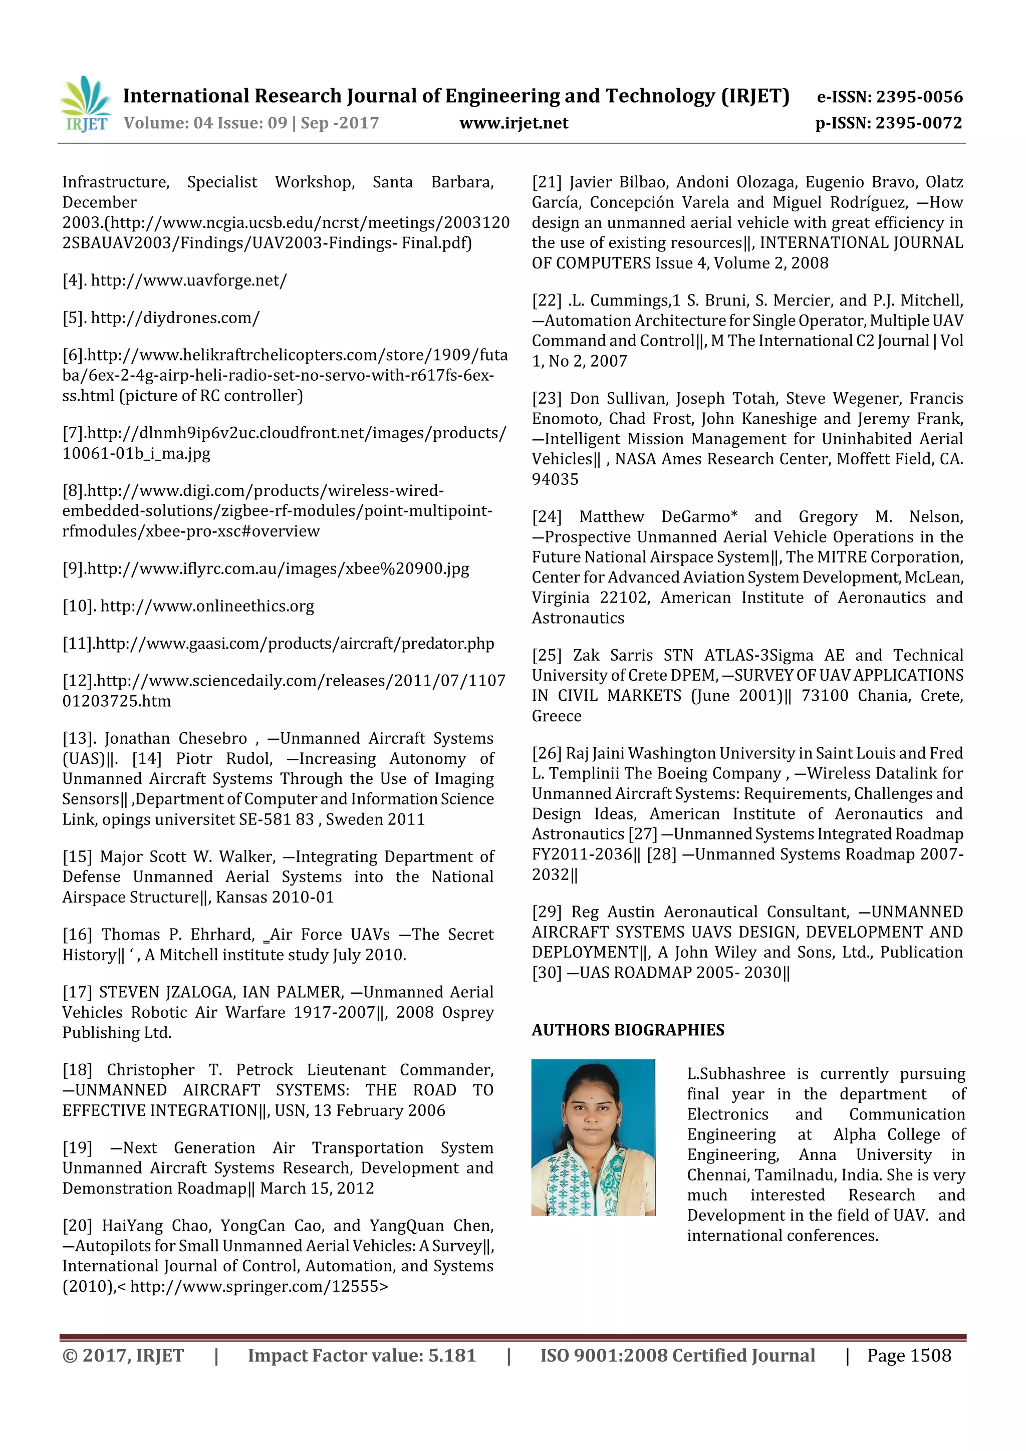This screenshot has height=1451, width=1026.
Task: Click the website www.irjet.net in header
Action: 514,123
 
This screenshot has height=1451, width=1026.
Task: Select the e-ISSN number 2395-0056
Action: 918,97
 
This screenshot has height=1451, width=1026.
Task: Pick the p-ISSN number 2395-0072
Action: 918,123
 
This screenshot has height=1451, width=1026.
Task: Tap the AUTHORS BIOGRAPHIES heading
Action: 627,1030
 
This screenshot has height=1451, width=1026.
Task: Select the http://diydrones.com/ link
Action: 175,318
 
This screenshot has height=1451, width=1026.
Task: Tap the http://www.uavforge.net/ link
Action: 188,280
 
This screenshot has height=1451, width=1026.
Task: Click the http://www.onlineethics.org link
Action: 207,606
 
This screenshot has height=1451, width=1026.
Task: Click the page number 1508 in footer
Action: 930,1355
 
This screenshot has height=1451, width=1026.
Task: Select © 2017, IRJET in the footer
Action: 123,1355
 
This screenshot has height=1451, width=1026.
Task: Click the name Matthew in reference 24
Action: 611,517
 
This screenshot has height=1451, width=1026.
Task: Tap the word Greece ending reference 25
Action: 556,716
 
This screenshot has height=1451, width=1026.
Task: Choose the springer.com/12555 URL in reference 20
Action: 259,1287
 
